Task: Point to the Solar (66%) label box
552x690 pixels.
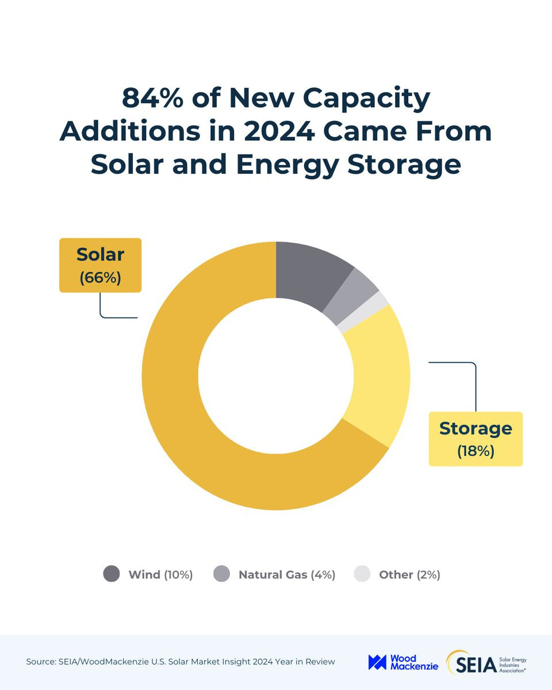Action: [x=100, y=265]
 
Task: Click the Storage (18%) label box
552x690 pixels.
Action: [x=476, y=438]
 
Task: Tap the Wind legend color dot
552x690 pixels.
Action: [x=112, y=574]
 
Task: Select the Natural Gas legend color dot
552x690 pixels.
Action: [x=221, y=574]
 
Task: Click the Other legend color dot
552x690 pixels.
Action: [x=362, y=574]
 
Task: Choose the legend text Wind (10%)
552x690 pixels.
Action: [x=160, y=574]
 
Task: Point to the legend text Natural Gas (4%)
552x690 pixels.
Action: [x=286, y=574]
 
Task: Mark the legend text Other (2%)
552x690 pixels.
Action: [x=409, y=574]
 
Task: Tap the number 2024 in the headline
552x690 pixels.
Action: [x=278, y=131]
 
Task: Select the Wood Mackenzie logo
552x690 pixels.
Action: [x=403, y=662]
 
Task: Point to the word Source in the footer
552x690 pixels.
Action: [x=41, y=662]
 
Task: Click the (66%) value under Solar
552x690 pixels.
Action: [x=100, y=277]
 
